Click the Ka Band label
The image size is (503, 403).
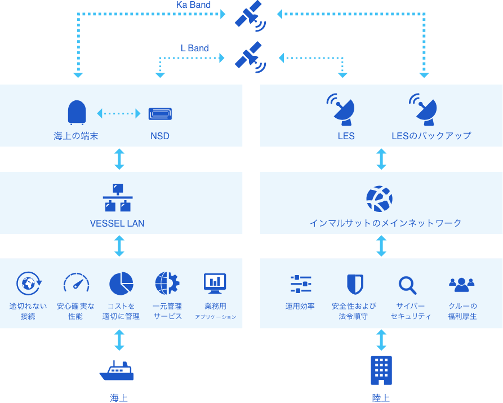tap(193, 5)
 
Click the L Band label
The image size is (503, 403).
tap(194, 48)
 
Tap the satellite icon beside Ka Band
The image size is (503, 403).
tap(250, 15)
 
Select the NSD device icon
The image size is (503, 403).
tap(160, 114)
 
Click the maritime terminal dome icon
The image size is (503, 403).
tap(77, 112)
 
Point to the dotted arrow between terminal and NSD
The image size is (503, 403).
tap(118, 113)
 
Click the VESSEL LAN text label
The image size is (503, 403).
tap(117, 223)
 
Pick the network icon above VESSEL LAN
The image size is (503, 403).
tap(118, 198)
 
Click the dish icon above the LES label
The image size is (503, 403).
tap(341, 109)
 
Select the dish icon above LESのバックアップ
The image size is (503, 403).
tap(424, 109)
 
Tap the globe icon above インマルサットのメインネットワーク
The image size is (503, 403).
tap(379, 199)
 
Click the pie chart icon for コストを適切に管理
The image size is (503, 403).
tap(121, 284)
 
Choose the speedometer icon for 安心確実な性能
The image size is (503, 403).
tap(76, 283)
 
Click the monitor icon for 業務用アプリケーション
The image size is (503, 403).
tap(215, 283)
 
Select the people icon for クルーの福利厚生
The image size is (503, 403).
tap(461, 284)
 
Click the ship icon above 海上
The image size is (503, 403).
tap(117, 371)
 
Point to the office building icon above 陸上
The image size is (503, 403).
tap(381, 370)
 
